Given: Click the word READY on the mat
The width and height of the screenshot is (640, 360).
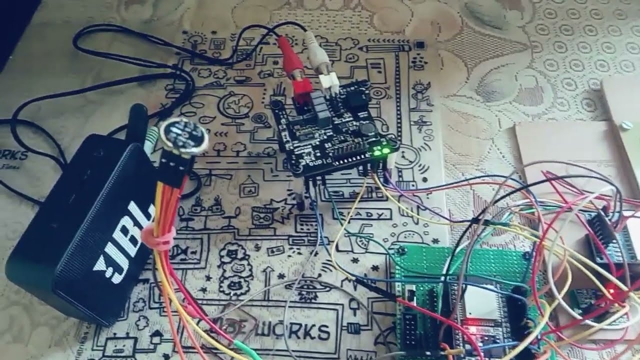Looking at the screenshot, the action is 362,215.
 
